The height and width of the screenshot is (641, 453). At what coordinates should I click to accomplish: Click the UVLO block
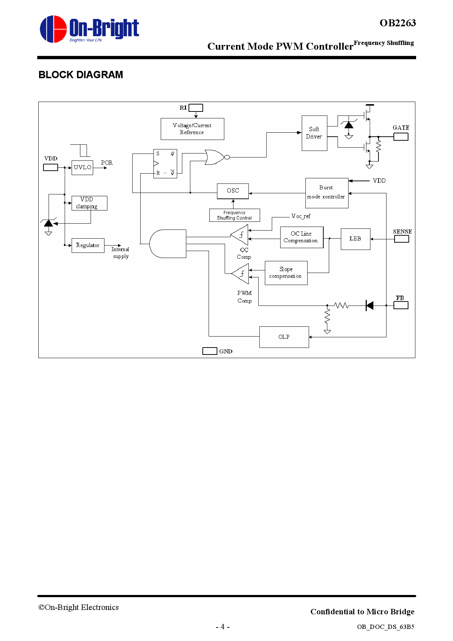(x=82, y=167)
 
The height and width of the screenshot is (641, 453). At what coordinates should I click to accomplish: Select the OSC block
(x=233, y=191)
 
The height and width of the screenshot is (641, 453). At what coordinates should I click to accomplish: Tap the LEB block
(x=355, y=239)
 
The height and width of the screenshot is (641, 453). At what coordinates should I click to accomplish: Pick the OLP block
(x=284, y=337)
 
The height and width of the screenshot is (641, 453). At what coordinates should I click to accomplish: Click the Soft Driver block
(x=314, y=133)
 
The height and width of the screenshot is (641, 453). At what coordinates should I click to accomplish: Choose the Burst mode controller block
(x=327, y=193)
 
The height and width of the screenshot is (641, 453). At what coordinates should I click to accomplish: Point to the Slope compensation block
(x=286, y=273)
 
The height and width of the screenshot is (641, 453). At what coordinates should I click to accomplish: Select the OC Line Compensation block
(x=301, y=237)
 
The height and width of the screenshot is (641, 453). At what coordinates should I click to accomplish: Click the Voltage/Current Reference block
(x=192, y=129)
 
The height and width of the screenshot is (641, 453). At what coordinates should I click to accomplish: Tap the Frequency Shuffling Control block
(x=234, y=215)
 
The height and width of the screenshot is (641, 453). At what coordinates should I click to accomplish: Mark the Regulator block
(x=88, y=245)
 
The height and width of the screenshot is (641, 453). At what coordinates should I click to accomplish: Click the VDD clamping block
(x=89, y=203)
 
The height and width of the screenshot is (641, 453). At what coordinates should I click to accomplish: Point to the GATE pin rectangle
(x=401, y=137)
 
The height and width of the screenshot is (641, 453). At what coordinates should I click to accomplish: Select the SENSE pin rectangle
(x=401, y=239)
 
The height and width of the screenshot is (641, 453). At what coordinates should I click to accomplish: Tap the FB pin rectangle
(x=401, y=305)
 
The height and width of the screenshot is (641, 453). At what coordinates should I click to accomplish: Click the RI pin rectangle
(x=196, y=108)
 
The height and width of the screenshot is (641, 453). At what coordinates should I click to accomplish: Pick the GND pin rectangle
(x=210, y=351)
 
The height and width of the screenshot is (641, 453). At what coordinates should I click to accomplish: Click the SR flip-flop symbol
(x=165, y=163)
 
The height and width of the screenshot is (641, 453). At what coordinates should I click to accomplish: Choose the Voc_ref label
(x=301, y=216)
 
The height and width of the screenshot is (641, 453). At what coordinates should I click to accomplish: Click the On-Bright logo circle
(x=53, y=29)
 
